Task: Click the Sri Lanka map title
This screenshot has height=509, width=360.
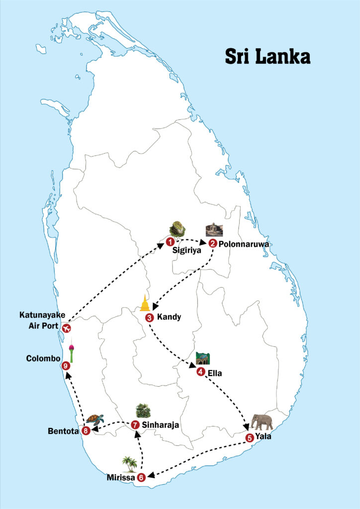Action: tap(268, 56)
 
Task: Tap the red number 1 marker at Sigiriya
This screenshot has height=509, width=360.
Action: tap(170, 242)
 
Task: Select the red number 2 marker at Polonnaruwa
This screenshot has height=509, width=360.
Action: tap(213, 243)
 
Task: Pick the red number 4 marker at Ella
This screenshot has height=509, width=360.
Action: tap(200, 372)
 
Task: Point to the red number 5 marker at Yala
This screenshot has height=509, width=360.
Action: tap(249, 437)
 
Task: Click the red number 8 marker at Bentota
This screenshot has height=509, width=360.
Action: tap(86, 431)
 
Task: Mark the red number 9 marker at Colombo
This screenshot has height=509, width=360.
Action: tap(66, 366)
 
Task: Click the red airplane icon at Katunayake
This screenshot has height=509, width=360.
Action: tap(66, 328)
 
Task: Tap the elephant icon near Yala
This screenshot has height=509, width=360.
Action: tap(262, 422)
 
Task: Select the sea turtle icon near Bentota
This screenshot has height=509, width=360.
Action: tap(94, 419)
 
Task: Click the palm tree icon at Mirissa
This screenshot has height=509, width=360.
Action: tap(130, 464)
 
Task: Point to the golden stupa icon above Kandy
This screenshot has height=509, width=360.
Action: tap(145, 303)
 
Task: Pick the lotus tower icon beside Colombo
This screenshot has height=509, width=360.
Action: tap(72, 352)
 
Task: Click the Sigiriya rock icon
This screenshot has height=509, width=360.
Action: tap(177, 229)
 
